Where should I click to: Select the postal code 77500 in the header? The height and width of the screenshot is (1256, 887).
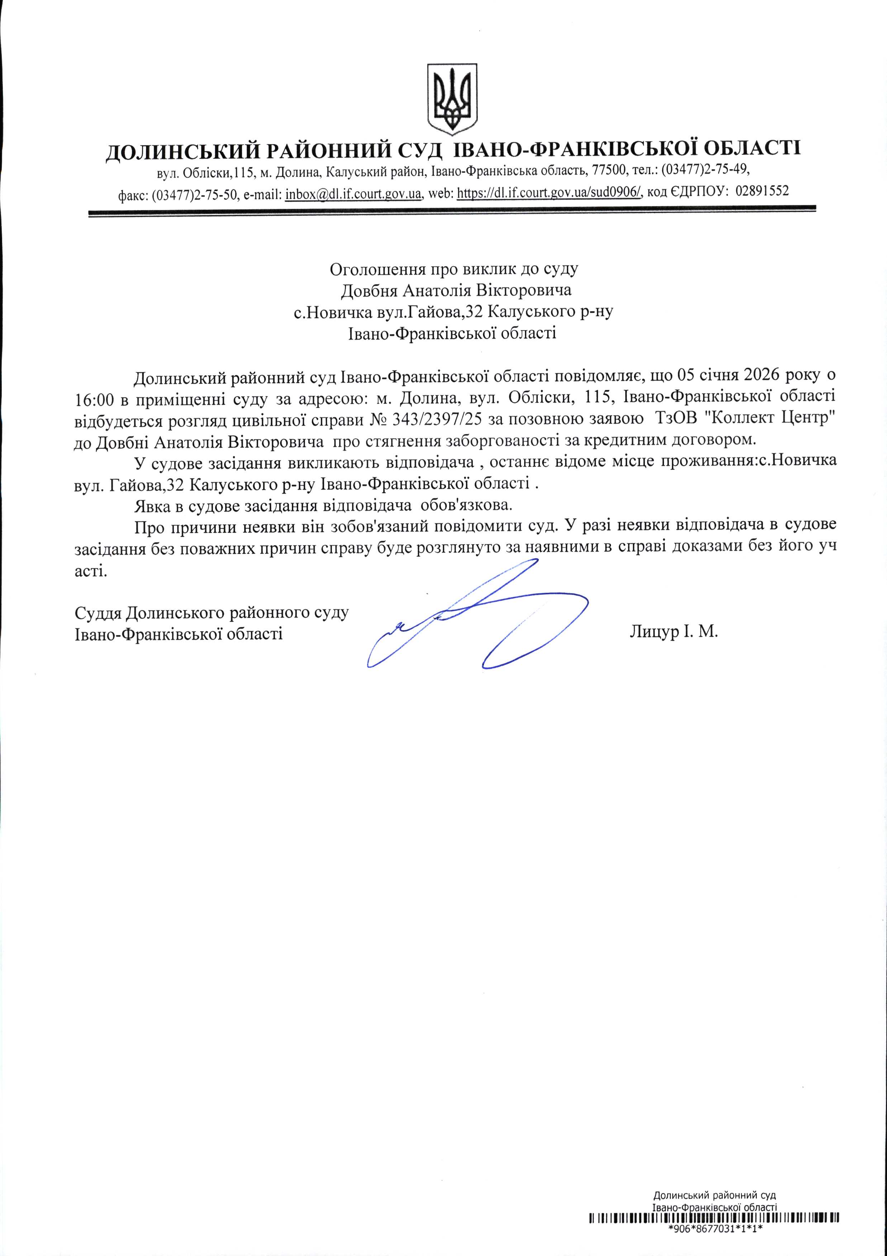(606, 171)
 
